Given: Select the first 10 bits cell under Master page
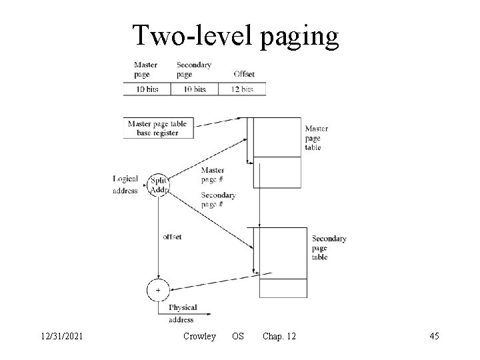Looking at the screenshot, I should click(147, 89).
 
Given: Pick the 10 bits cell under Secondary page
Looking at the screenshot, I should click(194, 89).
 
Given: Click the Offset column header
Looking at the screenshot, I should click(243, 73).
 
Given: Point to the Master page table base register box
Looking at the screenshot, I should click(157, 128).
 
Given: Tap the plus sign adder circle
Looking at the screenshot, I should click(158, 291).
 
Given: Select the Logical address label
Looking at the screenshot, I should click(125, 185).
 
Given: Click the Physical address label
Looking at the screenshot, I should click(182, 313).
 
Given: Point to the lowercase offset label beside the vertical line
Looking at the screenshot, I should click(172, 237).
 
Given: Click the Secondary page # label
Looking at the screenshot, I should click(218, 199).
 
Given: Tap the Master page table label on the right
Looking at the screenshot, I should click(317, 138).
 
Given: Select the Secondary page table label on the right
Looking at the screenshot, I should click(329, 247).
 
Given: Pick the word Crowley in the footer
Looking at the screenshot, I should click(199, 337).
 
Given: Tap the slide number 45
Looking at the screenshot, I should click(434, 337).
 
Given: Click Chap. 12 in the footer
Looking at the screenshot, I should click(279, 337).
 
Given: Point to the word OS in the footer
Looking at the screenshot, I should click(237, 337).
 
